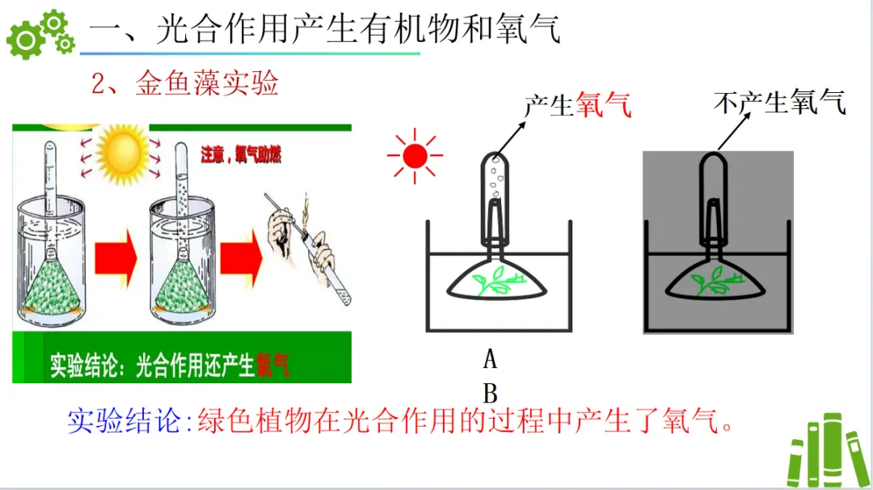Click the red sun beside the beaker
tap(415, 155)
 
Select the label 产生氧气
tap(577, 104)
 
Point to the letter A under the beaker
tap(490, 358)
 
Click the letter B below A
tap(490, 394)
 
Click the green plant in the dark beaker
tap(711, 282)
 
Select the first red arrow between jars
tap(116, 259)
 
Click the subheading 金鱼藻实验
tap(205, 83)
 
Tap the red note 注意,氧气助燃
tap(241, 155)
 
